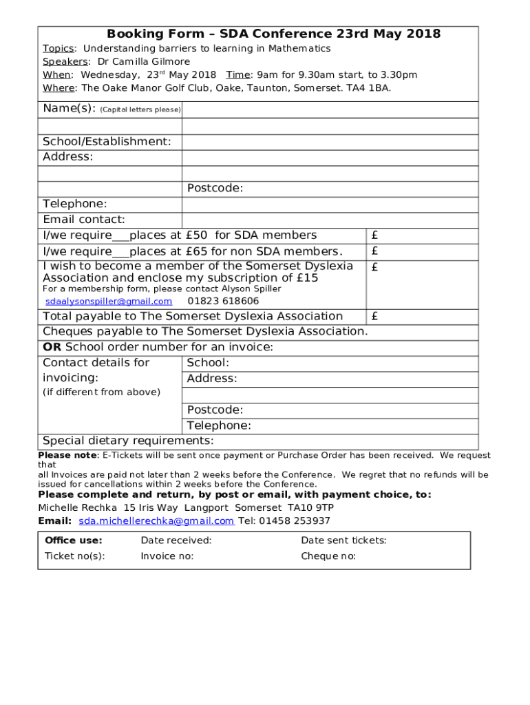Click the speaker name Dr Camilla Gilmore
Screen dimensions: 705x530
143,61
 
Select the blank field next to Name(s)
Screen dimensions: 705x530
330,109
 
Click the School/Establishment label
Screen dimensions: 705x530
107,141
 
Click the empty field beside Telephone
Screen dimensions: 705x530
330,204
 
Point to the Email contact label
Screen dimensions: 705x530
84,220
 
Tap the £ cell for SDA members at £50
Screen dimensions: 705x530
421,235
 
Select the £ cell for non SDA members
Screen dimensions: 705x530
421,251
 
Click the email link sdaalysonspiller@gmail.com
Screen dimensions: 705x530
109,302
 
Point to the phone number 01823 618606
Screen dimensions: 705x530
223,302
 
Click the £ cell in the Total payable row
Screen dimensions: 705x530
421,317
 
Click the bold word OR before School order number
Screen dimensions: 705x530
52,347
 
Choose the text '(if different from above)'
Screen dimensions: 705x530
101,392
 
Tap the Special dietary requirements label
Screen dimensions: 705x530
128,441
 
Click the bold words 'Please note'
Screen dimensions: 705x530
67,455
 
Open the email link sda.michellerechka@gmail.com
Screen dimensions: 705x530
156,521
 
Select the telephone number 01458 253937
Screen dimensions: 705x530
295,521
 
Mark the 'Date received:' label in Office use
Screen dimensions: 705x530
176,540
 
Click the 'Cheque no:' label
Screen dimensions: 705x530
328,556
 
